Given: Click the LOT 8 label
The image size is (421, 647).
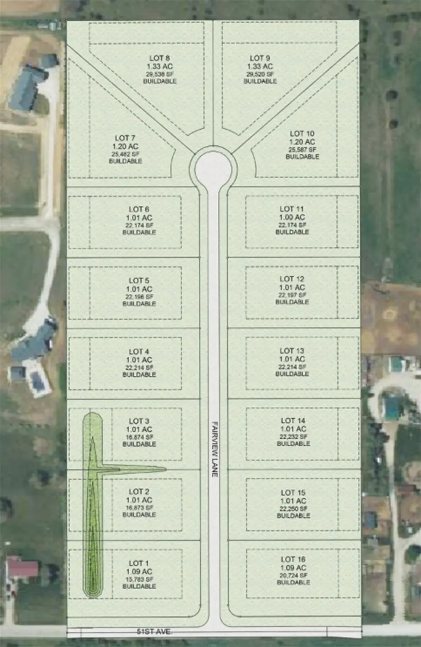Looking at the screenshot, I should click(159, 58).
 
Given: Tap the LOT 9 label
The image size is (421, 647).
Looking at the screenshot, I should click(260, 58).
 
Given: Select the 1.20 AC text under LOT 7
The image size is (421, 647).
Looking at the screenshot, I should click(125, 146).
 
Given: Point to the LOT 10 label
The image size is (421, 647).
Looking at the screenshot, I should click(302, 134).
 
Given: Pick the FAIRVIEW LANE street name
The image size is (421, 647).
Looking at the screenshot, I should click(214, 449).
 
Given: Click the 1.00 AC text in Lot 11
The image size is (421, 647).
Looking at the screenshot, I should click(292, 217).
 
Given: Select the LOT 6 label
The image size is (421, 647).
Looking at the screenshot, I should click(139, 209).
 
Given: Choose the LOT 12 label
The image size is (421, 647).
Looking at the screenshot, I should click(292, 279).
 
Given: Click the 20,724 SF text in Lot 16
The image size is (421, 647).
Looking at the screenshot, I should click(293, 575).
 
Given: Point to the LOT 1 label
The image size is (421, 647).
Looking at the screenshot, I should click(139, 563).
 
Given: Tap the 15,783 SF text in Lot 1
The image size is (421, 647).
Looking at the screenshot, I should click(139, 579).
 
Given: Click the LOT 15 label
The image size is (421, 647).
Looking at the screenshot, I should click(293, 492).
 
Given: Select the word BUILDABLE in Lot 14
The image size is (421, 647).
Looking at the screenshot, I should click(293, 444).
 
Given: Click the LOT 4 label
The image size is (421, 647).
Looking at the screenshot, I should click(139, 351).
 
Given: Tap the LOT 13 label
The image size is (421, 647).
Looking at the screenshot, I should click(292, 350).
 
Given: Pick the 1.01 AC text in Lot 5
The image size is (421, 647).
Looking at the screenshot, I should click(139, 289).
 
